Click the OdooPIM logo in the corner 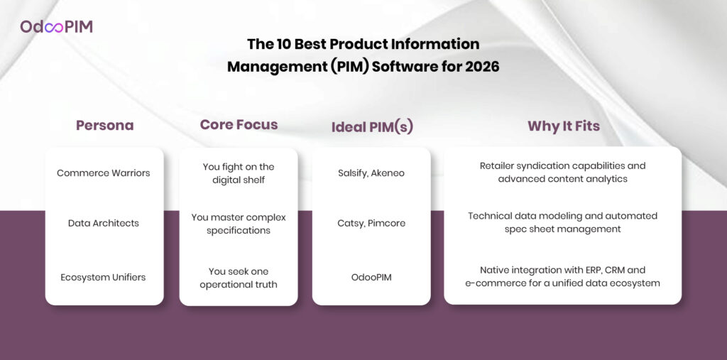click(56, 26)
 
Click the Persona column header click(105, 125)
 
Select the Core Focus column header click(239, 124)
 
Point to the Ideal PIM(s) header click(372, 126)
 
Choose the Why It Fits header click(563, 126)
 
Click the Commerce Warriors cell click(104, 173)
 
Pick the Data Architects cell click(104, 223)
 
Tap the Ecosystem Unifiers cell click(104, 278)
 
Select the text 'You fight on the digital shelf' click(239, 173)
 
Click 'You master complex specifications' click(239, 224)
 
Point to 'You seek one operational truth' click(239, 278)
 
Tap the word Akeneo click(388, 173)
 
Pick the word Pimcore click(387, 223)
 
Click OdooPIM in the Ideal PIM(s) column click(371, 278)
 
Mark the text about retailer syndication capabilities click(562, 172)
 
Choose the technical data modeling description click(562, 222)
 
